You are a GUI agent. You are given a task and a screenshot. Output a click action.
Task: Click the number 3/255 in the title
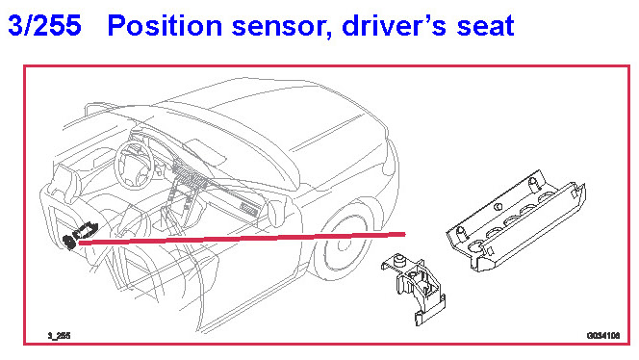pos(44,25)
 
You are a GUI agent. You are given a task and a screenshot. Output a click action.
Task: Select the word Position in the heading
pos(166,25)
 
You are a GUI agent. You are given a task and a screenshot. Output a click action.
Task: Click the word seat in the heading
pos(485,27)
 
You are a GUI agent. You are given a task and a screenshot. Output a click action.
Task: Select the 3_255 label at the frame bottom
pos(59,336)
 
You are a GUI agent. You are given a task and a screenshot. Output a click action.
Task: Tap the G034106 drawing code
pos(603,336)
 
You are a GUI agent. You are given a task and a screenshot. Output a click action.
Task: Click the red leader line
pos(243,239)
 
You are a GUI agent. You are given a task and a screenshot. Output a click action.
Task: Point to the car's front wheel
pos(342,244)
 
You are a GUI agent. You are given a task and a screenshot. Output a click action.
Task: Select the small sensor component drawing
pos(413,289)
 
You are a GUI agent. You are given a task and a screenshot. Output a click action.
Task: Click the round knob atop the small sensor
pos(400,260)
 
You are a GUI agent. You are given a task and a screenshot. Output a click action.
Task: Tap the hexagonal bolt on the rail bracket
pos(498,207)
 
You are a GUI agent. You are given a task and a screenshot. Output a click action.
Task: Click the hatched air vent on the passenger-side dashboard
pos(249,209)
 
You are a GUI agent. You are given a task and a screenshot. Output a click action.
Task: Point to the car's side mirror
pos(276,215)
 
